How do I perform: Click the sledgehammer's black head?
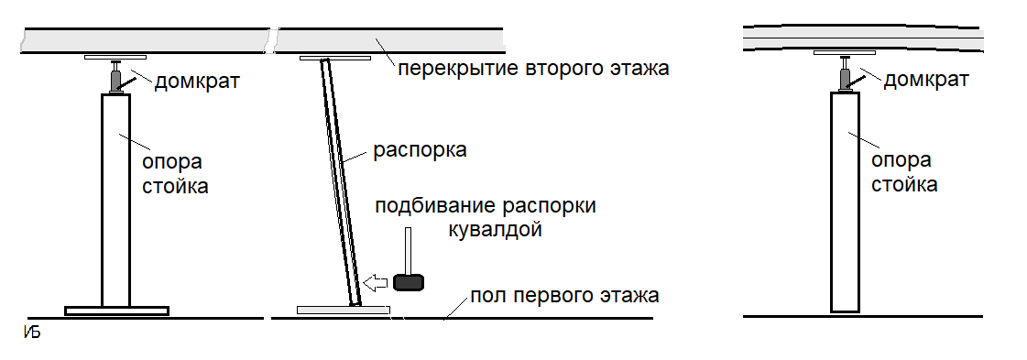[x=409, y=281]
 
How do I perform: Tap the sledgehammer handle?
[x=409, y=249]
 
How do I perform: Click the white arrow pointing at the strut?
[x=375, y=281]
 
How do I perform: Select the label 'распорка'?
[x=421, y=149]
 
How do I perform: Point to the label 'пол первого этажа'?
[x=564, y=296]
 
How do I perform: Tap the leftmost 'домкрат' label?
[x=197, y=82]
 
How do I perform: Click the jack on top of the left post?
[x=115, y=79]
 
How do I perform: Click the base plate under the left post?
[x=116, y=311]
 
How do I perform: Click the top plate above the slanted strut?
[x=334, y=59]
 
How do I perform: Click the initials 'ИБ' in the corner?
[x=31, y=332]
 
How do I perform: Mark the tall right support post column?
[x=845, y=202]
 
